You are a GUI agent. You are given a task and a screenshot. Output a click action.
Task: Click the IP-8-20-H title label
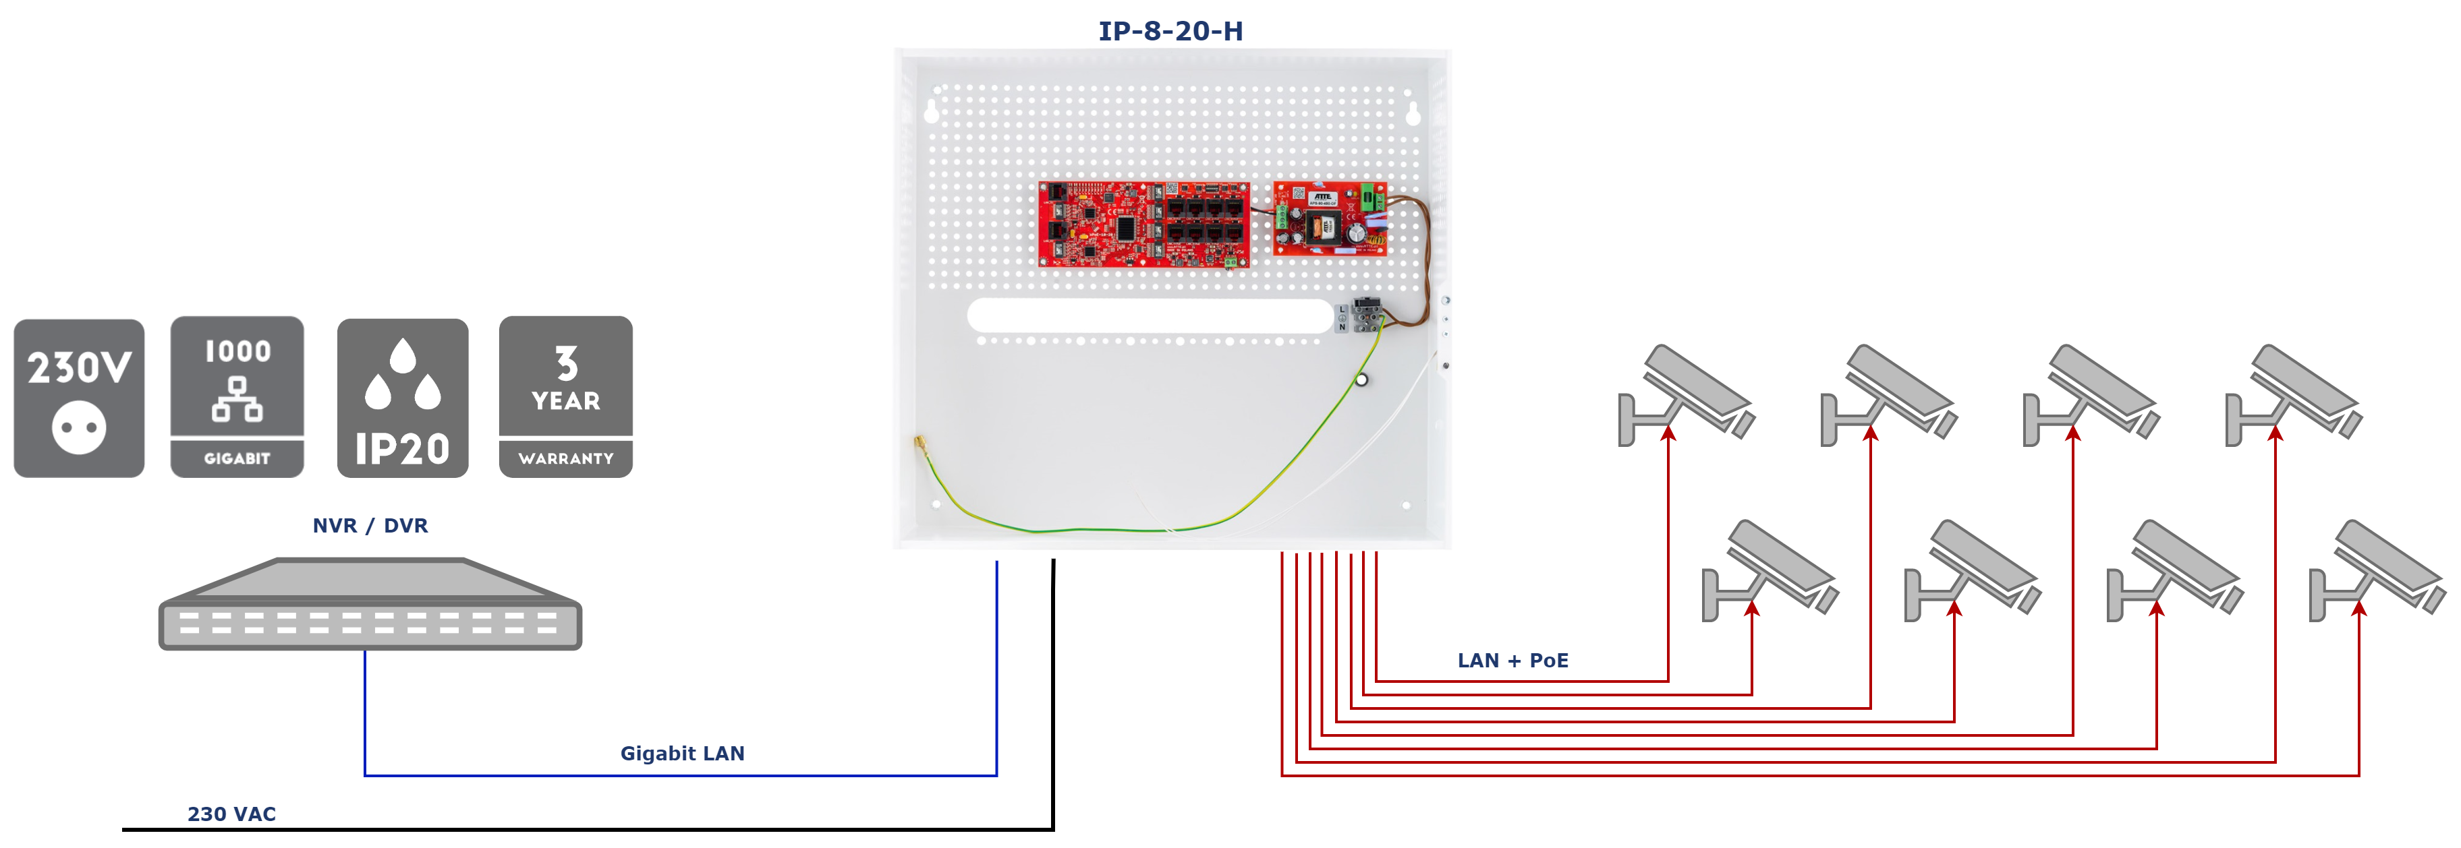1171,30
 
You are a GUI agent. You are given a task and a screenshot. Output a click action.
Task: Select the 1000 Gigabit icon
237,396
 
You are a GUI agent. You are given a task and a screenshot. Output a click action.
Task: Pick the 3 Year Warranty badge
565,396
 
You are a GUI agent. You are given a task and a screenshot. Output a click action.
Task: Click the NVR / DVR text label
370,525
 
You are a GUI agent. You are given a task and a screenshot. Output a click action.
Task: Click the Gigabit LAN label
684,754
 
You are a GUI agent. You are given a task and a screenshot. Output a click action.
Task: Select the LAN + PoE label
1512,661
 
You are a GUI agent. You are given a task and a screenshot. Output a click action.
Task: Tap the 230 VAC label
231,814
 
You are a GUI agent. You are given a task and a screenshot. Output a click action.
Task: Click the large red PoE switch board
1143,224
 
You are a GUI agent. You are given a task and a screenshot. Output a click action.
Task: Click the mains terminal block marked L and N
1365,315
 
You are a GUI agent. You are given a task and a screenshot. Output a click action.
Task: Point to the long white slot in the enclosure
1150,315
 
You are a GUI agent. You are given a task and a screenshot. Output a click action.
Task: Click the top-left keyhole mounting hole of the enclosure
932,111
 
